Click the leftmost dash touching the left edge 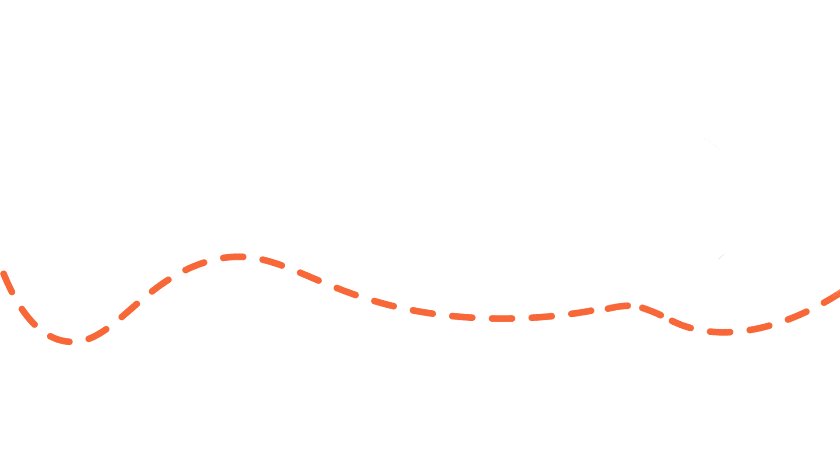pos(8,282)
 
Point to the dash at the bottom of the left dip pos(60,339)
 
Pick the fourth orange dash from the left pos(98,333)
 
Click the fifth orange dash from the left pos(129,310)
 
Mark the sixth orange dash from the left pos(160,285)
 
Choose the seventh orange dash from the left pos(195,265)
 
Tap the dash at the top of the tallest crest pos(234,257)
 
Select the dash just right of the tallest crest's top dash pos(272,262)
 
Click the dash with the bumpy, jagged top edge pos(502,318)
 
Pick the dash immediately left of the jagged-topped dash pos(462,316)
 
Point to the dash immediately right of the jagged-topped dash pos(542,317)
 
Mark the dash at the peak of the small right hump pos(618,307)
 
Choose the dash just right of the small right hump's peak pos(652,312)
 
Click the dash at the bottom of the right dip pos(720,332)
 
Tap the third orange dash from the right pos(759,328)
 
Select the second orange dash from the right pos(797,316)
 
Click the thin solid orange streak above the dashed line pos(721,256)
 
